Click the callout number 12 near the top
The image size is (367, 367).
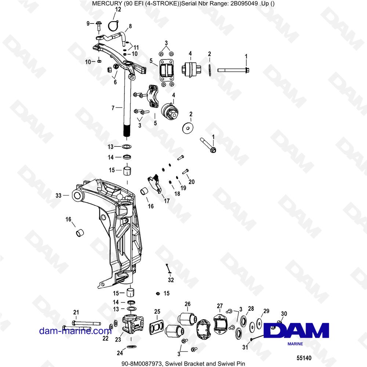click(x=118, y=10)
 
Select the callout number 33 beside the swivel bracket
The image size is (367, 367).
click(x=58, y=196)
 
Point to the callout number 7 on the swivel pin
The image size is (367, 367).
click(x=113, y=108)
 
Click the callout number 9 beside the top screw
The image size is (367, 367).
click(x=88, y=23)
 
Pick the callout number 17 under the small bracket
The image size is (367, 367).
click(x=167, y=201)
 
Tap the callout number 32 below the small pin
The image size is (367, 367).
click(x=171, y=280)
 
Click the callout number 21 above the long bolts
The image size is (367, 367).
click(x=76, y=312)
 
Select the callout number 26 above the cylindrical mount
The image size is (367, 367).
click(x=188, y=304)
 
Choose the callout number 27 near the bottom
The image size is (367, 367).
click(x=220, y=306)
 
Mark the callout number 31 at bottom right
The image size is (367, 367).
click(x=245, y=347)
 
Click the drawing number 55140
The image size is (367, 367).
click(x=304, y=358)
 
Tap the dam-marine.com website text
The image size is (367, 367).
click(x=75, y=331)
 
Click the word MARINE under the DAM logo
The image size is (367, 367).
click(x=295, y=344)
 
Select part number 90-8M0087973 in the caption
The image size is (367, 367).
click(x=142, y=363)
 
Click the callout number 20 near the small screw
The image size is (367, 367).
click(x=192, y=182)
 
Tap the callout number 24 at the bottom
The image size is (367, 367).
click(x=120, y=352)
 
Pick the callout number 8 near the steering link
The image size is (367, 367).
click(x=130, y=26)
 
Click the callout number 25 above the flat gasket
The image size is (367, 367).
click(x=157, y=312)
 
